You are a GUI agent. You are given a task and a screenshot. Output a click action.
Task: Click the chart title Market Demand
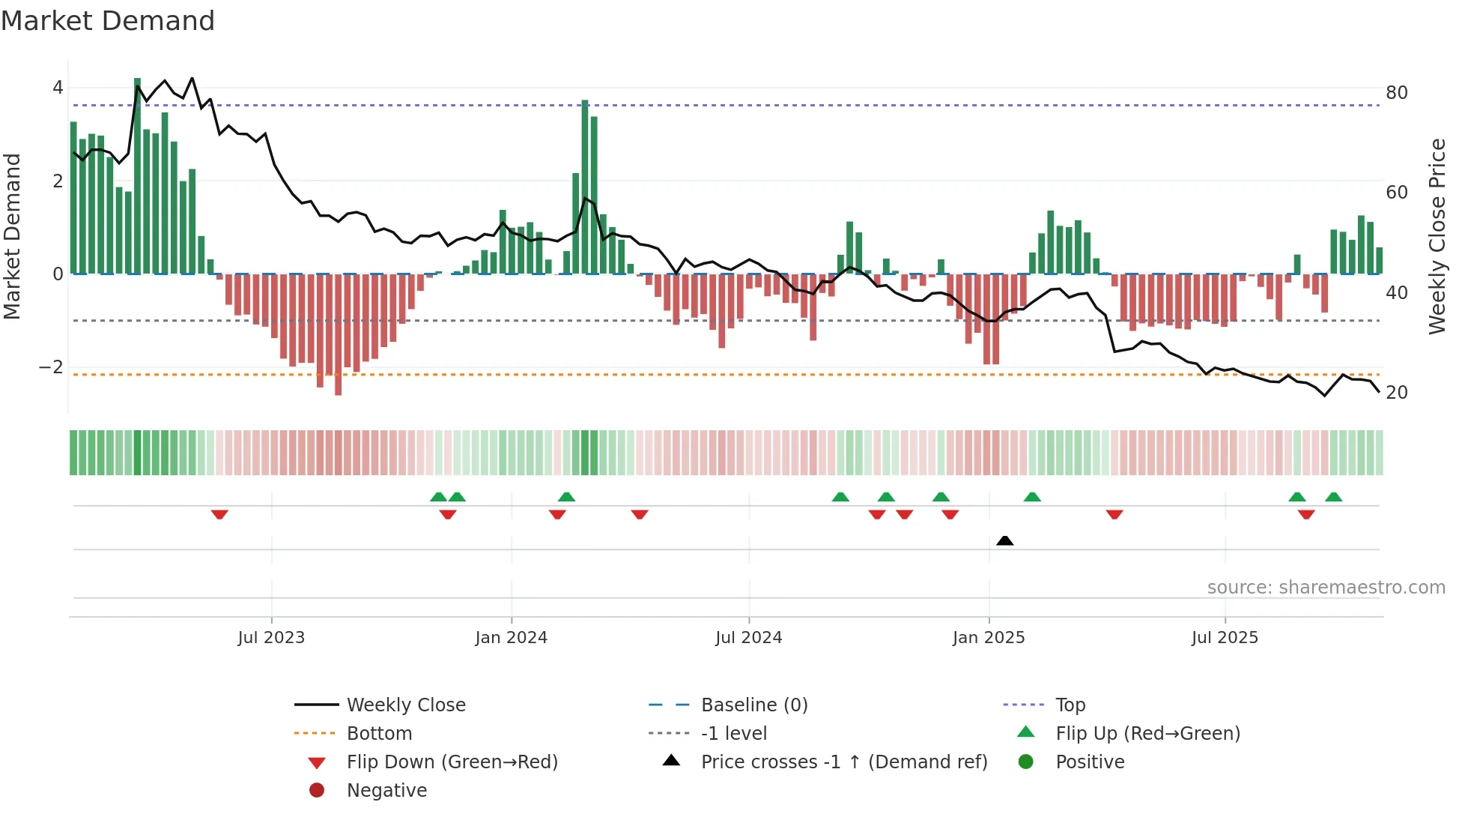[108, 21]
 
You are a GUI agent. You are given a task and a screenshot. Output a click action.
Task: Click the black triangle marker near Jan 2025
[1005, 540]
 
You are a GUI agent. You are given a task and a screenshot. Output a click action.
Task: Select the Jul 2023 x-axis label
[271, 638]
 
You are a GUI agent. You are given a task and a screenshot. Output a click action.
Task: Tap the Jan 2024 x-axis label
[512, 638]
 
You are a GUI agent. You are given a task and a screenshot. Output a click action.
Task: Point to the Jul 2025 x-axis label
[1225, 638]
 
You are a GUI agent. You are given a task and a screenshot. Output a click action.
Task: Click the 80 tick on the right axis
[1397, 93]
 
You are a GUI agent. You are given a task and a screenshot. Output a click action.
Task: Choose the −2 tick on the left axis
[52, 367]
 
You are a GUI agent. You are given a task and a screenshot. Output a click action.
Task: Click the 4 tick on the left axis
[58, 88]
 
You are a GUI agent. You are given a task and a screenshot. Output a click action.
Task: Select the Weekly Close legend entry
[406, 705]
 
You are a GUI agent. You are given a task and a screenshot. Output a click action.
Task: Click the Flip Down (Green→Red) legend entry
[452, 762]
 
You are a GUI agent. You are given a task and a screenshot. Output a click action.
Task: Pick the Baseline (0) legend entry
[753, 705]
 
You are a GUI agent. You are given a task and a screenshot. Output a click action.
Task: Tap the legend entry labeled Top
[1070, 705]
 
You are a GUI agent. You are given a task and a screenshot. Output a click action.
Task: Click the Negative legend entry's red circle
[317, 791]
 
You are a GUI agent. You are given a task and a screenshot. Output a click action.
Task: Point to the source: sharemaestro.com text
[1326, 588]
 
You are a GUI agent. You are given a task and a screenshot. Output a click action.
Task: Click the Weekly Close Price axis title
[1437, 236]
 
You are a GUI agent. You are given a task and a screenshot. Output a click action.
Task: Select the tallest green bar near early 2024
[585, 187]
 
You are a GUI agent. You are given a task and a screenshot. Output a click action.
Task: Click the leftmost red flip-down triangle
[219, 515]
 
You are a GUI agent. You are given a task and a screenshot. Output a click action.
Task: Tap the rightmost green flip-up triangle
[1333, 497]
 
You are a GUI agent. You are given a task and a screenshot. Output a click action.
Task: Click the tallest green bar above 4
[137, 176]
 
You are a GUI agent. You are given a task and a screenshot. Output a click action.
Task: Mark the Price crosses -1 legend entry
[843, 762]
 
